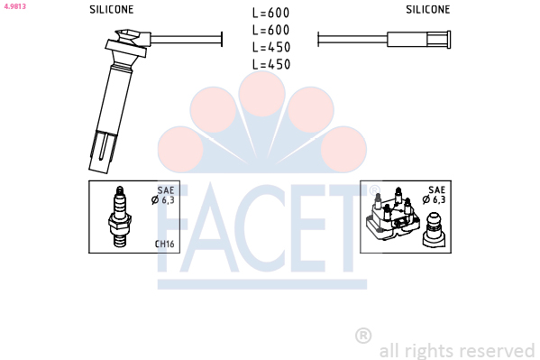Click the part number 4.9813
coord(14,6)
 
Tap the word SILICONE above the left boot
coord(111,9)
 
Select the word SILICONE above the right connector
coord(427,9)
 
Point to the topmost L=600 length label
coord(270,13)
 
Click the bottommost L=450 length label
coord(271,64)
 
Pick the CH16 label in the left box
coord(165,244)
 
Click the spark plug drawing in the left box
coord(120,217)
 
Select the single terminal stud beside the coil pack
coord(434,230)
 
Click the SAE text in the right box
coord(436,189)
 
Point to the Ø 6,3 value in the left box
coord(163,200)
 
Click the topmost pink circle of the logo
coord(262,93)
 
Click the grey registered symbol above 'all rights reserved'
coord(363,335)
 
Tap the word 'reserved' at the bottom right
coord(497,351)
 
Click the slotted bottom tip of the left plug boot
coord(103,152)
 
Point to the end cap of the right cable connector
coord(449,40)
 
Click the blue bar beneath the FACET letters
coord(262,284)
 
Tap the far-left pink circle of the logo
coord(180,149)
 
